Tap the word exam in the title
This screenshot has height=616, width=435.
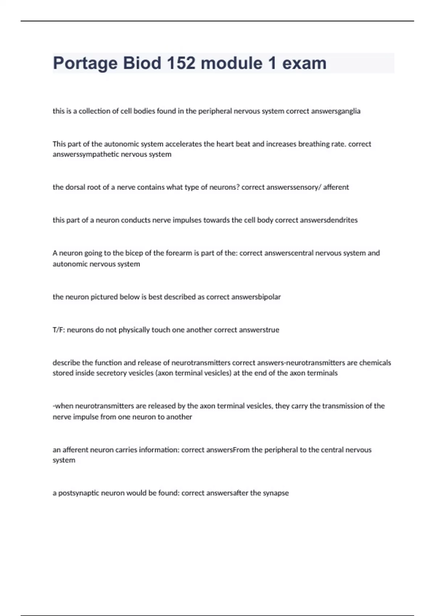304,63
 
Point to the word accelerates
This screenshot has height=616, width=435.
184,144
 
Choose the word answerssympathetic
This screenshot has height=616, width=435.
86,154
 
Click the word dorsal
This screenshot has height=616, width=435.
75,187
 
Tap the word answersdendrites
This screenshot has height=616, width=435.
329,220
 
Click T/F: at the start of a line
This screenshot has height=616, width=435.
59,330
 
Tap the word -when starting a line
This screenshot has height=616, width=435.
63,406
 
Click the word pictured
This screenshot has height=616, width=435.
115,297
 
